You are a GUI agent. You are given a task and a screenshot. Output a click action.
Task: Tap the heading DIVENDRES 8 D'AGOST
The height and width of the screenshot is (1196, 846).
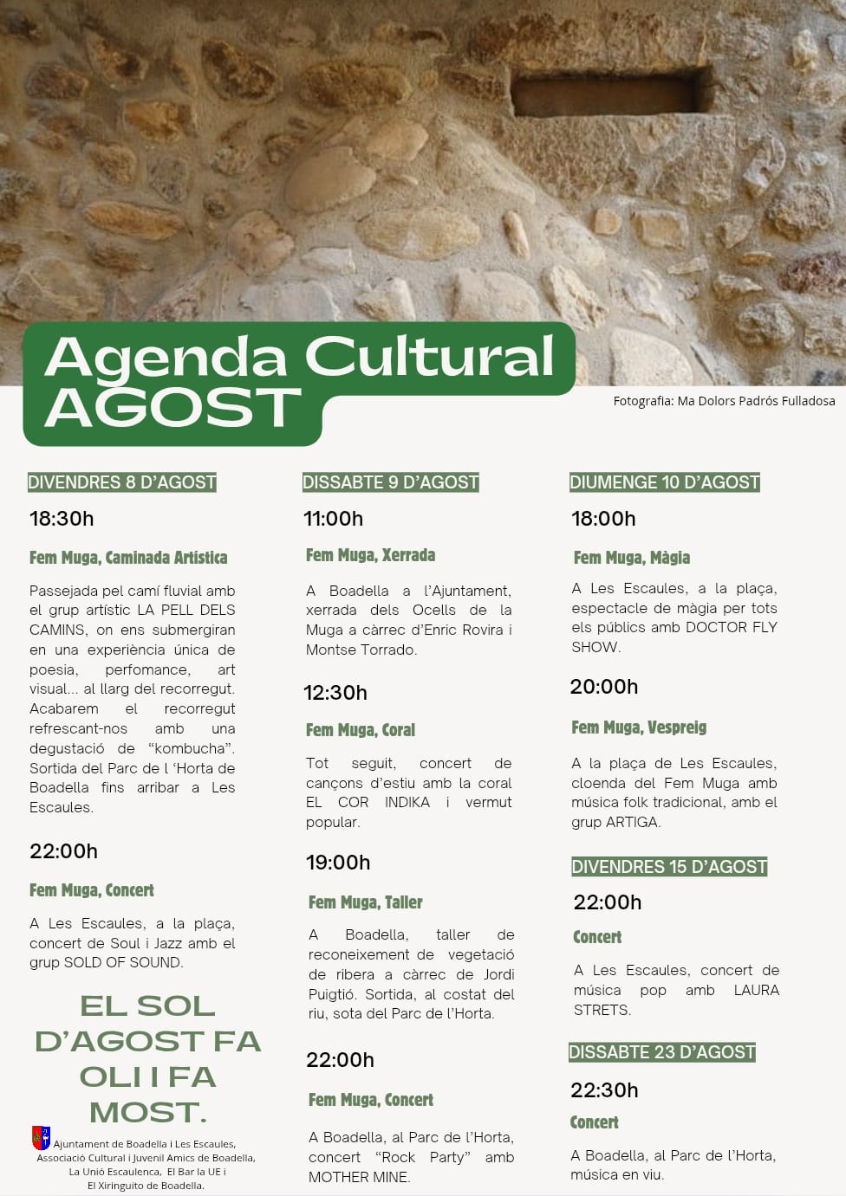[x=122, y=482]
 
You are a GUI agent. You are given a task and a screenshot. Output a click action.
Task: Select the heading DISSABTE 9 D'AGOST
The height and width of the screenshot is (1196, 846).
[x=390, y=482]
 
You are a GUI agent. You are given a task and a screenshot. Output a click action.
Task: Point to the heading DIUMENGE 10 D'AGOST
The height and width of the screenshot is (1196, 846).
[x=664, y=482]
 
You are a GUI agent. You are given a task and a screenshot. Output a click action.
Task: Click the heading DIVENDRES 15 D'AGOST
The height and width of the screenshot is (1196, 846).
[x=669, y=867]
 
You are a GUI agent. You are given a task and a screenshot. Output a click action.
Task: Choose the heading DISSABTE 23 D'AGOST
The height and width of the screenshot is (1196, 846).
[x=662, y=1052]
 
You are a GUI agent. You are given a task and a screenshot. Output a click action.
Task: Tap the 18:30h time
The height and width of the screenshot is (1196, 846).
[x=62, y=519]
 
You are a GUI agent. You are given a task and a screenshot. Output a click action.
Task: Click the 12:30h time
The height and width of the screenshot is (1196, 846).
[x=335, y=693]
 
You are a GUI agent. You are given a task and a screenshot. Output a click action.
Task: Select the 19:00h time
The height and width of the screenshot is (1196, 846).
[x=338, y=863]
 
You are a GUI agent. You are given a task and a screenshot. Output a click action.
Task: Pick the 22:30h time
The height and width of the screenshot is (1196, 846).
[x=604, y=1090]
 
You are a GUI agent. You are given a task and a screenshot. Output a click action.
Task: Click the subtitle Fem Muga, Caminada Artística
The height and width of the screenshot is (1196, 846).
[x=128, y=558]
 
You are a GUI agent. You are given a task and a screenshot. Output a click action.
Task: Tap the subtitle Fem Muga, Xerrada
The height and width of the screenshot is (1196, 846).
[x=370, y=555]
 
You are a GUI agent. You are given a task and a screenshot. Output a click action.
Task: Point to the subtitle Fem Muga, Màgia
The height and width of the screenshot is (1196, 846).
[x=632, y=558]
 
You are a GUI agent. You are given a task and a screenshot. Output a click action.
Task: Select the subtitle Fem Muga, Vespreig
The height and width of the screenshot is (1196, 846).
[x=639, y=727]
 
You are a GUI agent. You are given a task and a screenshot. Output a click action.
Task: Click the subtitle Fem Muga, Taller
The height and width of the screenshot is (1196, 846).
[x=365, y=902]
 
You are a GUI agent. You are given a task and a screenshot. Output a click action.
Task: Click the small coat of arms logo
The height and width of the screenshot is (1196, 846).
[x=41, y=1137]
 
